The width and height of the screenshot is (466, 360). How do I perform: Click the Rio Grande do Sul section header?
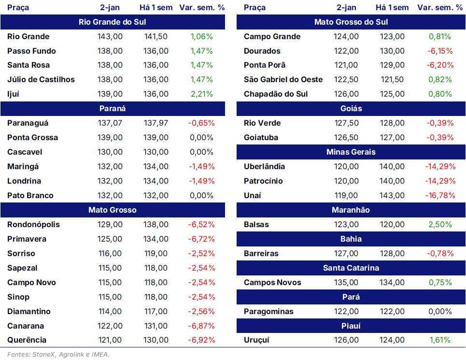pyautogui.click(x=113, y=22)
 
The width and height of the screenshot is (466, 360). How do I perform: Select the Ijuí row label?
pyautogui.click(x=13, y=94)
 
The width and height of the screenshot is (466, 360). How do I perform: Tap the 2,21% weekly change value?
pyautogui.click(x=202, y=94)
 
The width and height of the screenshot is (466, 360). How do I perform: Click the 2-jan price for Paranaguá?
pyautogui.click(x=110, y=123)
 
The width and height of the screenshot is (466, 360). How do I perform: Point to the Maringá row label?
pyautogui.click(x=23, y=167)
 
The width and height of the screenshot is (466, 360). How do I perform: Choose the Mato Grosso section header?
pyautogui.click(x=113, y=210)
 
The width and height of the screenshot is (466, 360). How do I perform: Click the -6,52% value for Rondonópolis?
pyautogui.click(x=201, y=224)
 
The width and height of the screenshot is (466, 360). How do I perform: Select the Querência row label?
pyautogui.click(x=27, y=340)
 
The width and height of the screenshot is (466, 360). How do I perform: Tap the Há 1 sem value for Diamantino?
pyautogui.click(x=155, y=312)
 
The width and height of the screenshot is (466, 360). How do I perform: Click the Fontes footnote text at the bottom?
pyautogui.click(x=58, y=354)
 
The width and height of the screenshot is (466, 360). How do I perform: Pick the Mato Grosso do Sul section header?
pyautogui.click(x=351, y=22)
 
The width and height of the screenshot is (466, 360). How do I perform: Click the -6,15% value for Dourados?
pyautogui.click(x=440, y=51)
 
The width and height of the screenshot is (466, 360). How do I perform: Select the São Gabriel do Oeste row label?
pyautogui.click(x=283, y=80)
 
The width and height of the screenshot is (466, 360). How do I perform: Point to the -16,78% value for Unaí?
pyautogui.click(x=440, y=196)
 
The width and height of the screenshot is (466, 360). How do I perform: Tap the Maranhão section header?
pyautogui.click(x=351, y=210)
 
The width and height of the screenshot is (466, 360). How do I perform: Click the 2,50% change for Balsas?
pyautogui.click(x=440, y=224)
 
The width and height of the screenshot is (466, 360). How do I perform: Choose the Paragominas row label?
pyautogui.click(x=268, y=312)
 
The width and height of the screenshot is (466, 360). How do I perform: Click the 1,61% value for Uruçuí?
pyautogui.click(x=440, y=340)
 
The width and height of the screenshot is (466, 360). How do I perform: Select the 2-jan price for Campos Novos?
pyautogui.click(x=346, y=282)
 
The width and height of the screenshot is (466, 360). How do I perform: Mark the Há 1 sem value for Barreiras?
pyautogui.click(x=392, y=254)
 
